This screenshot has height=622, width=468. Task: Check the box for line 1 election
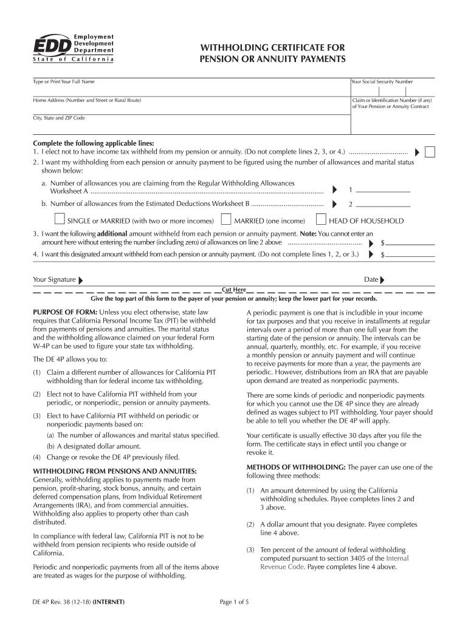tap(430, 152)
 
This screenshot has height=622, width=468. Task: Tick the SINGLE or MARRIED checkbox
tap(59, 220)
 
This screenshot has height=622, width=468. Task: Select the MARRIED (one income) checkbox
tap(225, 220)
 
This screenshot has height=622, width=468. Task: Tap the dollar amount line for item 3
tap(411, 242)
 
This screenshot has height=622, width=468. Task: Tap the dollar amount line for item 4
tap(411, 255)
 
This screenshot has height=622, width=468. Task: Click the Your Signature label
tap(54, 280)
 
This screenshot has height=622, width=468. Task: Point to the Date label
tap(371, 280)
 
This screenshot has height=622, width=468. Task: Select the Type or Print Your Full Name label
tap(63, 81)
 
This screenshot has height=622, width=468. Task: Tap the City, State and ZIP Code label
tap(58, 118)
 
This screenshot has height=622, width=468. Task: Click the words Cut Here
tap(234, 290)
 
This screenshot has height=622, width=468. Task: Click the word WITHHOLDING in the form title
tap(237, 47)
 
